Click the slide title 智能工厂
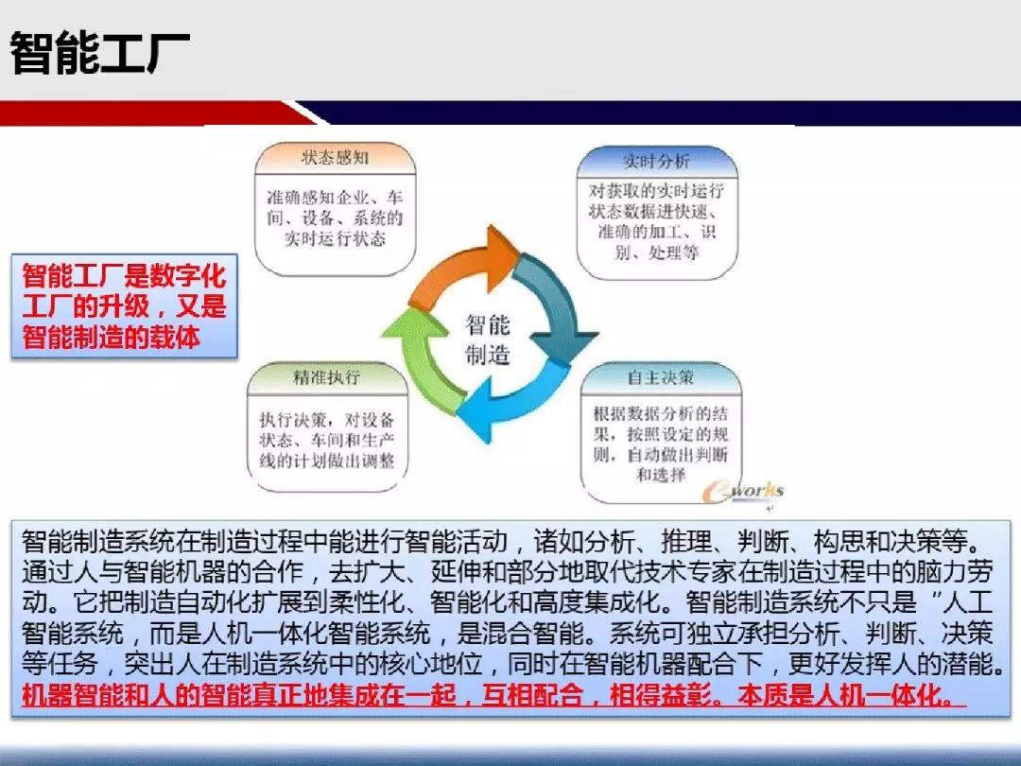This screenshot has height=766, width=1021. [x=100, y=52]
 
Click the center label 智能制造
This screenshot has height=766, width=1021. [x=488, y=339]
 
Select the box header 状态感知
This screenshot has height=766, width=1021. [x=335, y=158]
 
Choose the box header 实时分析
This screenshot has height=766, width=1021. [x=656, y=161]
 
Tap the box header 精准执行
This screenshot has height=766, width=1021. [x=327, y=377]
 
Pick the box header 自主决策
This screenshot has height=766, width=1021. [x=660, y=377]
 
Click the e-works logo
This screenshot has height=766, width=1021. [x=742, y=491]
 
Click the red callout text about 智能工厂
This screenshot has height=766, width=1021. [x=124, y=306]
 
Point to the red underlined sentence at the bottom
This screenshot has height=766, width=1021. [x=493, y=696]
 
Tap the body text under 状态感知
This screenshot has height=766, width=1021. [x=335, y=218]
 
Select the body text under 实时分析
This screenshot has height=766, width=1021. [x=656, y=221]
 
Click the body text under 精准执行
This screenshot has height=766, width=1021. [x=327, y=440]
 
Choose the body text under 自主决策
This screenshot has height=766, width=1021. [x=660, y=444]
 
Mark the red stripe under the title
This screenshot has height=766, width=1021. [x=156, y=113]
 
